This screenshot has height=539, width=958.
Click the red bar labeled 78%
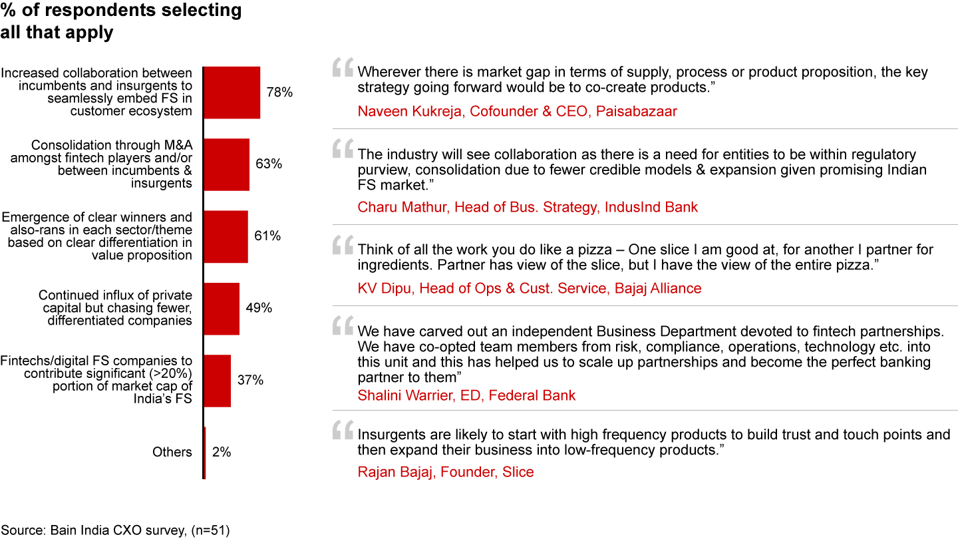(x=232, y=92)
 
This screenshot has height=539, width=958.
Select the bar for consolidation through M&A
(x=227, y=164)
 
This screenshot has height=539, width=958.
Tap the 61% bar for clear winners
(x=226, y=237)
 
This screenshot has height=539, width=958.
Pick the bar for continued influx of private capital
(x=222, y=309)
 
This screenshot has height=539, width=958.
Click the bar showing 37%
(x=218, y=381)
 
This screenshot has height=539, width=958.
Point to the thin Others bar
(x=205, y=452)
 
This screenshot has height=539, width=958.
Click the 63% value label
(x=269, y=164)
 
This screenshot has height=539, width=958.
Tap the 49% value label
(x=259, y=307)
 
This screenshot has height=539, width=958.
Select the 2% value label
(x=222, y=452)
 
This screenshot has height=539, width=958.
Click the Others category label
(x=172, y=452)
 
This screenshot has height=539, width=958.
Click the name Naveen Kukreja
(x=410, y=111)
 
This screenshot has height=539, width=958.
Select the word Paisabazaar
(x=637, y=111)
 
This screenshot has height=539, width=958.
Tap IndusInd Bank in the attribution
(x=651, y=207)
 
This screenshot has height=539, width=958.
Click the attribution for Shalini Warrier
(x=466, y=395)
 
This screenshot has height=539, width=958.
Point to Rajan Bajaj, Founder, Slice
(x=446, y=472)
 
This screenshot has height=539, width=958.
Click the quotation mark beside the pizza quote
(x=343, y=245)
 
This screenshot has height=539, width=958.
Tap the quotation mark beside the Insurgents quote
(x=343, y=430)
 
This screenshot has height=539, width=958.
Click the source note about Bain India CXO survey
(x=115, y=530)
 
